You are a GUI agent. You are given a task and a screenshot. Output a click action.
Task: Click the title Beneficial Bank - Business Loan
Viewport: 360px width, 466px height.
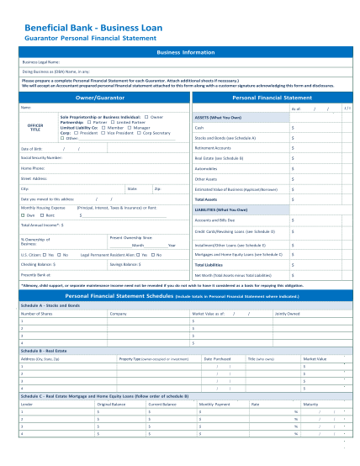coord(94,28)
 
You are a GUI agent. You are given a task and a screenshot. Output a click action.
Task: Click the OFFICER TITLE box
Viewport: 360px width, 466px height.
coord(35,126)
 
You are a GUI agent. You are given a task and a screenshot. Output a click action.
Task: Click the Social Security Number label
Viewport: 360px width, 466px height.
coord(41,157)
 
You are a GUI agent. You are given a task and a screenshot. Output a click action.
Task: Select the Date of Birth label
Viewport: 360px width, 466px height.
coord(31,148)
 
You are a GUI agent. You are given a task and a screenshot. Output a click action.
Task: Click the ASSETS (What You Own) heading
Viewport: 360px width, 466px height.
coord(221,118)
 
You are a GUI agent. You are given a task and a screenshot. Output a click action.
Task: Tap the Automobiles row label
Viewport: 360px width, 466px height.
coord(208,167)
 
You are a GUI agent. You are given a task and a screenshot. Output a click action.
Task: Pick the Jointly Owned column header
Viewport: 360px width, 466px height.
coord(287,313)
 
